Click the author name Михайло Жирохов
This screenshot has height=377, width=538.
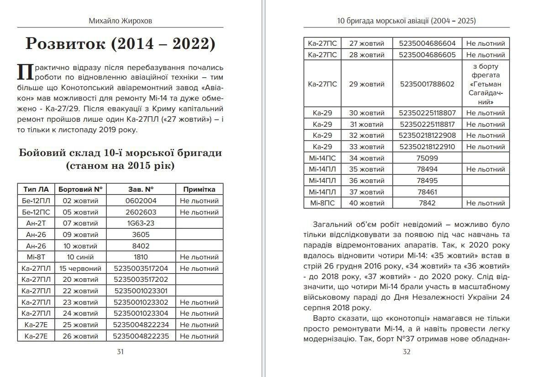(x=120, y=21)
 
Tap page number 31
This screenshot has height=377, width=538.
(x=120, y=352)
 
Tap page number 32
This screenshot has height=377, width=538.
(x=406, y=352)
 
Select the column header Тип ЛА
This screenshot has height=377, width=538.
(x=36, y=189)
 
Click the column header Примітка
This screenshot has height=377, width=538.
(x=199, y=189)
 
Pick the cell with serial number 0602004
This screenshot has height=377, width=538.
(x=141, y=201)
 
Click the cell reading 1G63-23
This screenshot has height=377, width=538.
(x=141, y=223)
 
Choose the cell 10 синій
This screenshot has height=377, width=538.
(x=80, y=257)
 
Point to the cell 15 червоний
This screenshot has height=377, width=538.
(x=80, y=269)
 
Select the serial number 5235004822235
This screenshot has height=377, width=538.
(x=141, y=336)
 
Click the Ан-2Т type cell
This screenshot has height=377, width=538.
(x=36, y=223)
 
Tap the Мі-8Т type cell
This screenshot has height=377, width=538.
(x=36, y=257)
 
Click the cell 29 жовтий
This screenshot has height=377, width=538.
(x=367, y=84)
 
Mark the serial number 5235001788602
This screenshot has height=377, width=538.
(x=427, y=84)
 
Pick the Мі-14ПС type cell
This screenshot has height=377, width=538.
(x=323, y=158)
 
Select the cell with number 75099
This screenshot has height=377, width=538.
(x=427, y=158)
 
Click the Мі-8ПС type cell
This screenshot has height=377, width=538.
(x=323, y=203)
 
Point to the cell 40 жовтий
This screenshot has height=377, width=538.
(x=367, y=203)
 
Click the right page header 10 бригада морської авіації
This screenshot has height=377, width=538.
(x=406, y=21)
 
